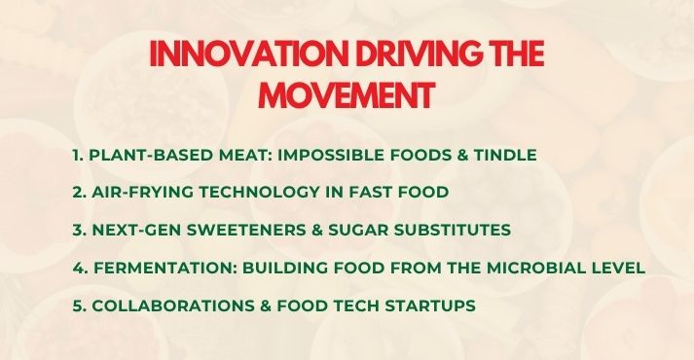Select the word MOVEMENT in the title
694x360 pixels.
coord(347,96)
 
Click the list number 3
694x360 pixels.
coord(77,231)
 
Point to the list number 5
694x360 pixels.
coord(77,306)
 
